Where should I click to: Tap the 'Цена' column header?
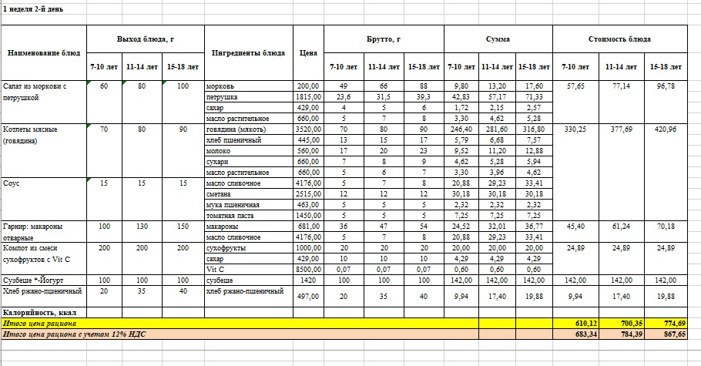coord(307,53)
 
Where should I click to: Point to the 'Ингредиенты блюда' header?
coord(247,53)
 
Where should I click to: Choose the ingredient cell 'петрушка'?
coord(222,97)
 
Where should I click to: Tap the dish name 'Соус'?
coord(12,183)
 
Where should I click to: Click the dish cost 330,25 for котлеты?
coord(575,129)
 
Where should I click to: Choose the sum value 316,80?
coord(532,129)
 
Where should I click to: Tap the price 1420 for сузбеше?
coord(308,280)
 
